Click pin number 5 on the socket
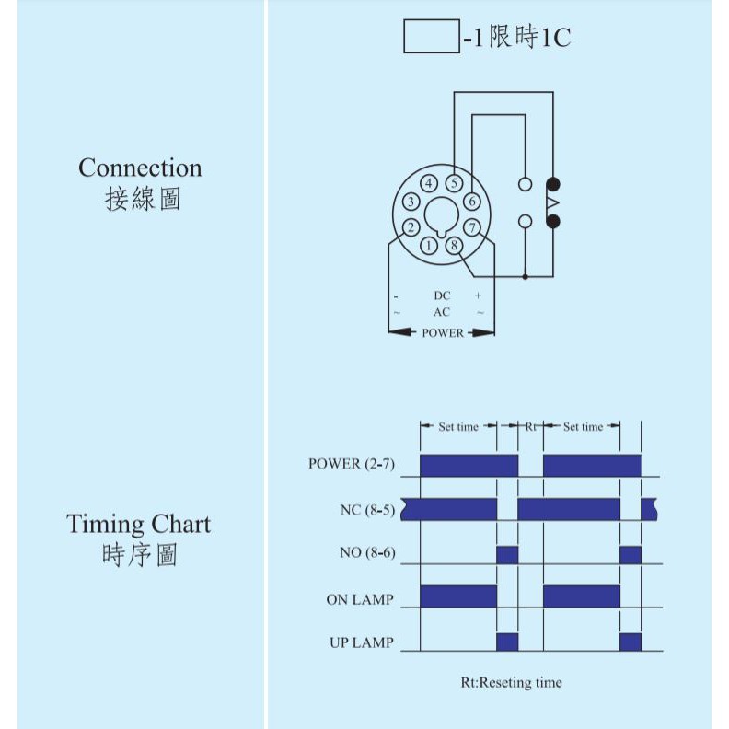(454, 182)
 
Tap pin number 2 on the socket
(411, 227)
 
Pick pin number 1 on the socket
(430, 246)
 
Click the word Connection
(140, 168)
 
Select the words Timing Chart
(138, 525)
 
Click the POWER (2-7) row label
(351, 464)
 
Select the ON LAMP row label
(359, 600)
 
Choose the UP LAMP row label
(361, 642)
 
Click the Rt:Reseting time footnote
(511, 683)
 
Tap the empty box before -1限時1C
(431, 37)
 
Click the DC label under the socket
(443, 295)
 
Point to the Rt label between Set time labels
(531, 427)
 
